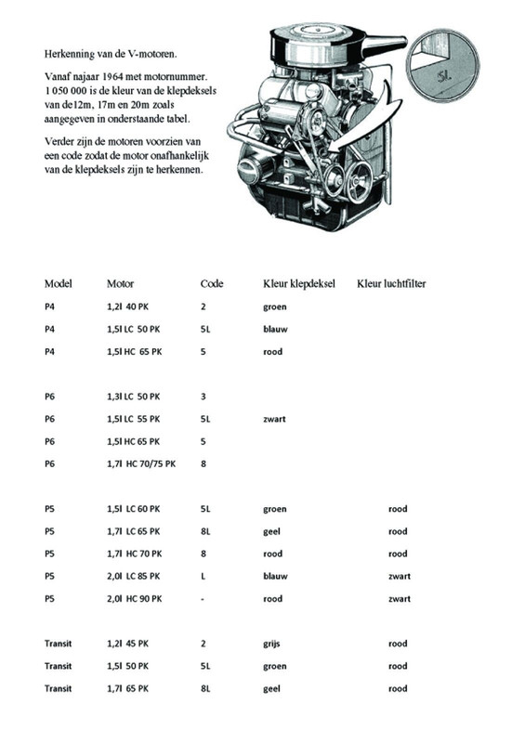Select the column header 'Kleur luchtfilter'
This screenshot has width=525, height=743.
tap(392, 283)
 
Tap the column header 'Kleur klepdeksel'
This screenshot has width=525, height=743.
tap(298, 283)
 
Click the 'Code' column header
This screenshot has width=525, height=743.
tap(212, 283)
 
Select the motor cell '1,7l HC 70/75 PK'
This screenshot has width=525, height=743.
tap(141, 463)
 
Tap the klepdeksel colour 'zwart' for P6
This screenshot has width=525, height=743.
tap(274, 419)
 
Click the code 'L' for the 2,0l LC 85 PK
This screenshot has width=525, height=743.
tap(203, 577)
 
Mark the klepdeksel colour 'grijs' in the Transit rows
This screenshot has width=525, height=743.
tap(273, 644)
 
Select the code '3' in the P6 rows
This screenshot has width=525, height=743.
tap(203, 397)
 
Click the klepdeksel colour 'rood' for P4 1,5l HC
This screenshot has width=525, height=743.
tap(272, 352)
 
